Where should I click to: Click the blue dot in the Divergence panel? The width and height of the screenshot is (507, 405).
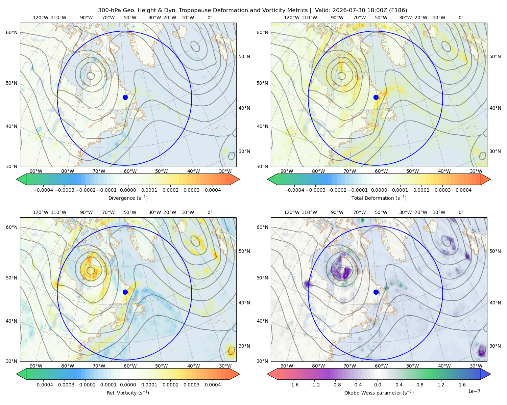125,97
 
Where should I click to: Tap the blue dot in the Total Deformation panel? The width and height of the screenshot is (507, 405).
376,97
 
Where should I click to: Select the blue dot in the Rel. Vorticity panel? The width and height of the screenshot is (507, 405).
125,292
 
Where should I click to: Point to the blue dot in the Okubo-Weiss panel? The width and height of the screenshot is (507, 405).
376,292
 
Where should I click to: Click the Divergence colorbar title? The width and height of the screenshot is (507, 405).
128,198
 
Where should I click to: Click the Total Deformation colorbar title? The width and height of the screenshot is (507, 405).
379,198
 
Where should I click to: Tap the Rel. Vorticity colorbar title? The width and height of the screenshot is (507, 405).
128,393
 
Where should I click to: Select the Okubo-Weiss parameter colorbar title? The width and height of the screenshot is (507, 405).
379,393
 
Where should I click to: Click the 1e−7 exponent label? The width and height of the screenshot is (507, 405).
474,391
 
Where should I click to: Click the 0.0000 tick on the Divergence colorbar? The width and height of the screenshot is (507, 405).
128,190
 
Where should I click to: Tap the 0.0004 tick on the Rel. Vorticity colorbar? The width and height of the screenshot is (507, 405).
213,385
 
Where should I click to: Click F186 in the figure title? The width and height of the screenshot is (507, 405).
398,10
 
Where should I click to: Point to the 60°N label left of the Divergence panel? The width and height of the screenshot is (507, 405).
11,32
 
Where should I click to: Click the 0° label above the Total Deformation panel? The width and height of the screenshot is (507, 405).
461,18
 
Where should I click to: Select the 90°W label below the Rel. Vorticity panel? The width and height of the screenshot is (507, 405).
36,366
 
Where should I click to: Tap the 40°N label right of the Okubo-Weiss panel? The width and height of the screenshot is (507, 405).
496,303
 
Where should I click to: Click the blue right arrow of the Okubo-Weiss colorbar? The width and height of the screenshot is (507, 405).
486,374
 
